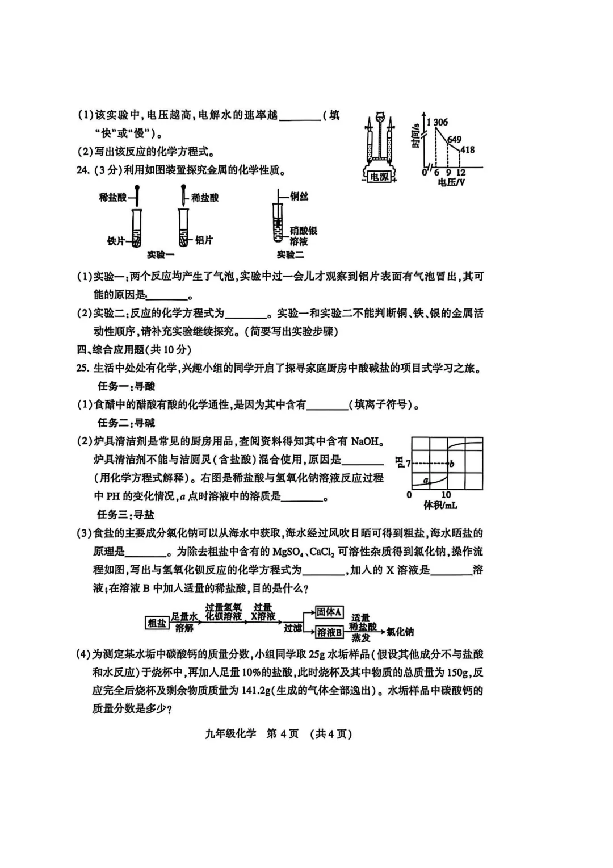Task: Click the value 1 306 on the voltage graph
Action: click(438, 122)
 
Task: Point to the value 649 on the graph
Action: click(454, 140)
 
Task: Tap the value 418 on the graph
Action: click(467, 150)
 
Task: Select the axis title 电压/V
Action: click(451, 183)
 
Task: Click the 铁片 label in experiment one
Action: click(116, 241)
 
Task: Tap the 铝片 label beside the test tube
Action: click(204, 241)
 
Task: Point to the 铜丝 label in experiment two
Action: click(299, 197)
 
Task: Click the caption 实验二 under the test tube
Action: click(290, 255)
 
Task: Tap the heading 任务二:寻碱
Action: click(126, 423)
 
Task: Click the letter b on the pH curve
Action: click(452, 464)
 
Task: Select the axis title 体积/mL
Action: click(440, 505)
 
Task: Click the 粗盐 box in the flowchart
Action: click(157, 623)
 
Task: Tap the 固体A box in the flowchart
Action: click(329, 612)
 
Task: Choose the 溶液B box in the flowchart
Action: click(329, 632)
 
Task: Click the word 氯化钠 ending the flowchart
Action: click(400, 632)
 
